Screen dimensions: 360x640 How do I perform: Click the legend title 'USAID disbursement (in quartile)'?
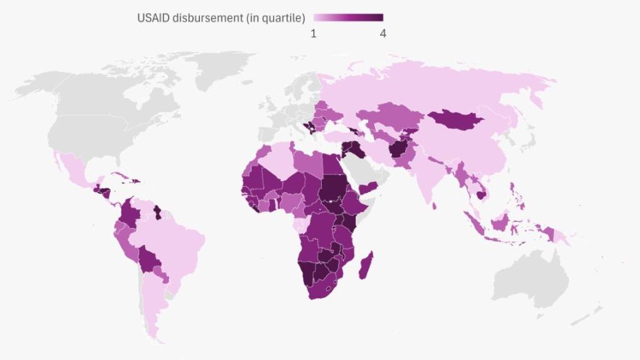point(221,18)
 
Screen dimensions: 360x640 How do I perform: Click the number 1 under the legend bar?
point(314,34)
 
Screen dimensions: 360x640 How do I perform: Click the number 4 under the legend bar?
point(382,34)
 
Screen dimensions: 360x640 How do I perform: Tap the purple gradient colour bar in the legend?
point(348,17)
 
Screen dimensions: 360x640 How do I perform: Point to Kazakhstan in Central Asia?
point(391,116)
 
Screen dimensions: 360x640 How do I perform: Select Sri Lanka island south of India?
point(434,205)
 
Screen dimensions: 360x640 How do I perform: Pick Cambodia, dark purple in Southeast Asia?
point(482,194)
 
